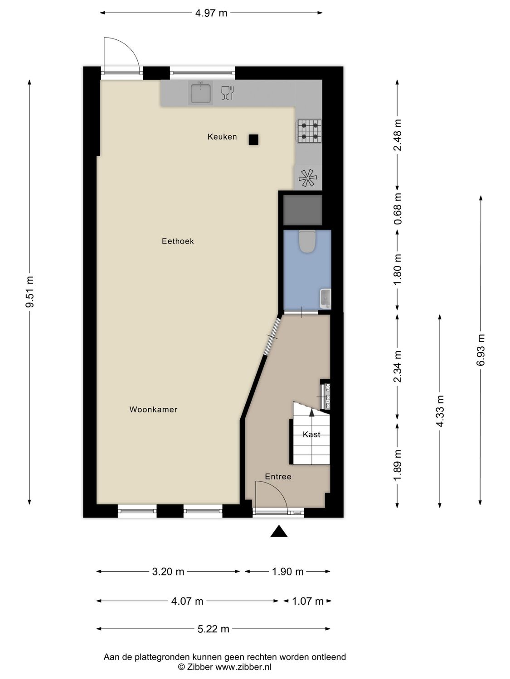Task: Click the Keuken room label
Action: point(222,137)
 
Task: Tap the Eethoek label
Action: point(178,241)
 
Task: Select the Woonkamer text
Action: point(153,410)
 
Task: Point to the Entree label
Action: point(278,477)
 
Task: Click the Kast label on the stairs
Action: point(311,435)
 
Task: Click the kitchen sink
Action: point(200,93)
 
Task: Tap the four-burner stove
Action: point(309,131)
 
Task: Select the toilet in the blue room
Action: point(307,241)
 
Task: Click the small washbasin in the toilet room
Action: point(325,299)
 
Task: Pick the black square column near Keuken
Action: point(253,140)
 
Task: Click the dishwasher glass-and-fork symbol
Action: point(227,93)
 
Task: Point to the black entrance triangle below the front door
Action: point(279,531)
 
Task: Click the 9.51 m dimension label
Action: point(30,292)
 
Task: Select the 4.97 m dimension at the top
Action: point(211,13)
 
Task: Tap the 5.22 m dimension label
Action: point(213,629)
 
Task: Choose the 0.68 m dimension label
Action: point(398,209)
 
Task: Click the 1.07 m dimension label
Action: point(308,601)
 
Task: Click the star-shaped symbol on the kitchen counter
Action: point(308,178)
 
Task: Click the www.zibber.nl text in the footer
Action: point(243,667)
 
